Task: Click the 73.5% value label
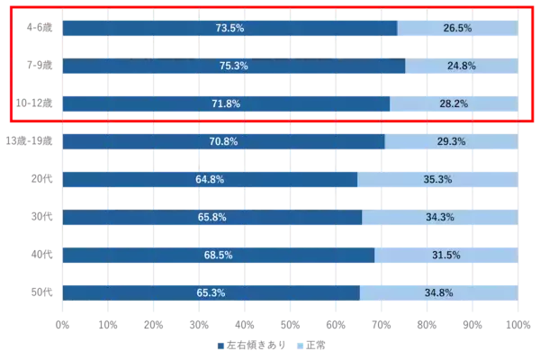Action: pyautogui.click(x=229, y=29)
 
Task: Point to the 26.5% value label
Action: pyautogui.click(x=457, y=29)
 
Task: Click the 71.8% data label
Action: pyautogui.click(x=226, y=104)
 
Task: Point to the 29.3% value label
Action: pyautogui.click(x=451, y=142)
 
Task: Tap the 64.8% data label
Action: pyautogui.click(x=210, y=180)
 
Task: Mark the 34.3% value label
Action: pyautogui.click(x=440, y=218)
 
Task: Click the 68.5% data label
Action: pyautogui.click(x=218, y=256)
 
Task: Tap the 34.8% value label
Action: pyautogui.click(x=438, y=293)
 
